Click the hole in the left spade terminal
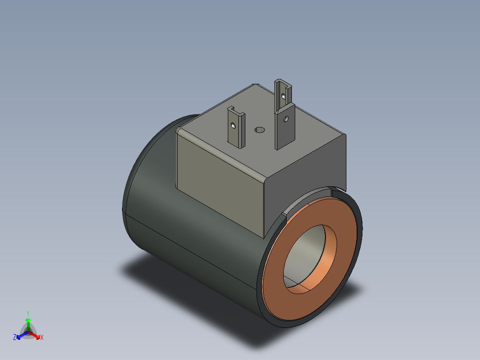point(233,125)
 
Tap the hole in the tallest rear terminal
point(284,97)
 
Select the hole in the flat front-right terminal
point(286,119)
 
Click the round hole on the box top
point(260,130)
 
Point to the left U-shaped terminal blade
point(236,127)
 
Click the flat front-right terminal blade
point(285,126)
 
